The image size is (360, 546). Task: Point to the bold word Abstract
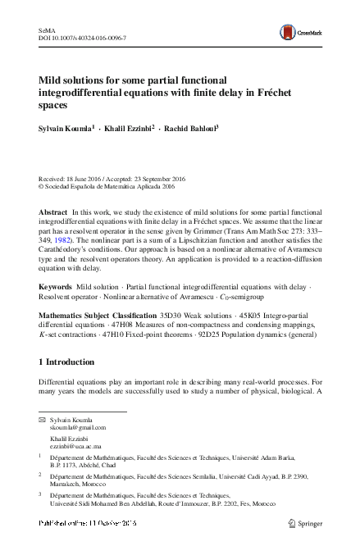click(53, 212)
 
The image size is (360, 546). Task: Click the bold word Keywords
click(55, 287)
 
